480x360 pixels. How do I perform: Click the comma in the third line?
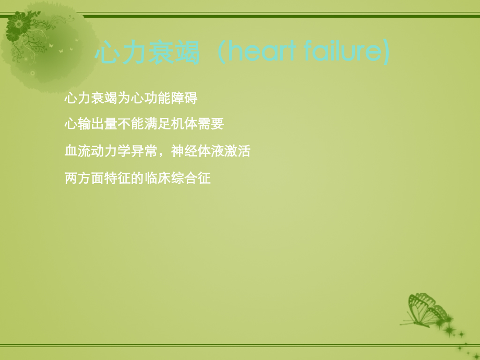coord(162,154)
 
